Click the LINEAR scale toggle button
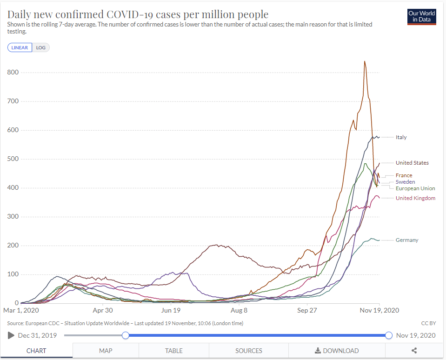tap(20, 47)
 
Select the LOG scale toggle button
tap(41, 47)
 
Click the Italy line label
tap(401, 137)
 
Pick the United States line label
tap(412, 163)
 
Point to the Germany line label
tap(407, 240)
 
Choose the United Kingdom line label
tap(415, 198)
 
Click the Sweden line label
tap(405, 182)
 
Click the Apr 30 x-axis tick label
tap(103, 310)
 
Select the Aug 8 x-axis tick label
tap(239, 310)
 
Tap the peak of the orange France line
tap(365, 61)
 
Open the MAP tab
tap(106, 351)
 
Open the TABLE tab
tap(173, 351)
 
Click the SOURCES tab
tap(248, 351)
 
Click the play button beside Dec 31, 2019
tap(11, 335)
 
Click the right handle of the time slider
tap(389, 335)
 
